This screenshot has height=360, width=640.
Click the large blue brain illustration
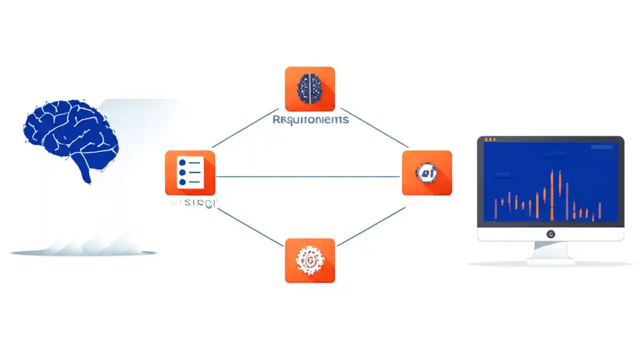[x=70, y=132]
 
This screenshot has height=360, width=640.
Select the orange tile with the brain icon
[x=309, y=89]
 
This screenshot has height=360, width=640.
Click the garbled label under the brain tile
[x=310, y=120]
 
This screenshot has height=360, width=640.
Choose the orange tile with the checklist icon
[x=190, y=172]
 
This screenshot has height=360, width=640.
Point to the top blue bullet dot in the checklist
[x=182, y=163]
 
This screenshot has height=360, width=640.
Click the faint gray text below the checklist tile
[x=193, y=203]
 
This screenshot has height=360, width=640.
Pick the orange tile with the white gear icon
[x=309, y=260]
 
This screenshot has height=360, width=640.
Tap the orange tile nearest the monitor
[x=426, y=172]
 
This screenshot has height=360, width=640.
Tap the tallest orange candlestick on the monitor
[x=552, y=195]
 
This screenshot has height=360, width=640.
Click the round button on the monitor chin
[x=550, y=234]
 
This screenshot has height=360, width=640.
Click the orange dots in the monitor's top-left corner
[x=490, y=139]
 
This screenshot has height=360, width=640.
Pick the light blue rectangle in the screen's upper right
[x=601, y=147]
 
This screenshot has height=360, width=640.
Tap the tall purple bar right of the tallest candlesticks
[x=567, y=200]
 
